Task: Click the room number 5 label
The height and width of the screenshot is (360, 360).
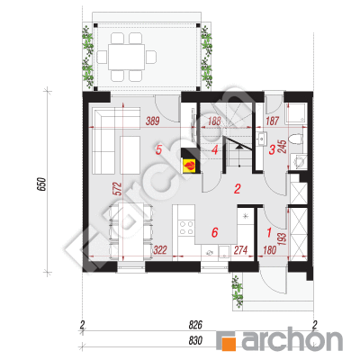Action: click(x=158, y=149)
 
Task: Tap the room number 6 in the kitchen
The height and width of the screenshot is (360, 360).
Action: click(x=214, y=232)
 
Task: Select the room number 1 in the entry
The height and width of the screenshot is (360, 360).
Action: click(x=269, y=232)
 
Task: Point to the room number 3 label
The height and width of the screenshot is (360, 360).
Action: click(x=272, y=149)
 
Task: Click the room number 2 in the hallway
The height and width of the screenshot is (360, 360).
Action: click(x=238, y=189)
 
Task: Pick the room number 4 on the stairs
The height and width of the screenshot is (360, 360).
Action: click(x=214, y=149)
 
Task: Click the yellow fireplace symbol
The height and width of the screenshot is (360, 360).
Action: click(x=190, y=166)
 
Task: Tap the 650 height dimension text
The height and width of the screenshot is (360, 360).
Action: click(x=42, y=184)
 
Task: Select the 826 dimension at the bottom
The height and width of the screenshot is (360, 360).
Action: click(x=195, y=324)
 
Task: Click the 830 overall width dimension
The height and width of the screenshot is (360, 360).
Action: click(x=195, y=341)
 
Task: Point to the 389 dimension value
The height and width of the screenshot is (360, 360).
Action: click(x=152, y=121)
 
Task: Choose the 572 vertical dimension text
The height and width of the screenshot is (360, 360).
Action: click(x=118, y=189)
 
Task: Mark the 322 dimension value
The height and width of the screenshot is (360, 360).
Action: click(x=160, y=250)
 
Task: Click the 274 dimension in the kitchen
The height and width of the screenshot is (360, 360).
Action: click(x=240, y=250)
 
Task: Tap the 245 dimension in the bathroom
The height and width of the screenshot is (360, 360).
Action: click(x=283, y=147)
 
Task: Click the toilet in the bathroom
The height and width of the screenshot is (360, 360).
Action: click(x=297, y=139)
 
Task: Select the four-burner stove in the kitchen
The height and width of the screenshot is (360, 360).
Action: click(x=186, y=228)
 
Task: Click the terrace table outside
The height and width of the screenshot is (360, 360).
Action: click(x=127, y=57)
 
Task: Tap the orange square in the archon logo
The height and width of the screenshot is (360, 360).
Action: click(x=229, y=342)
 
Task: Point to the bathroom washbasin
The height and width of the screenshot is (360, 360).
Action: click(x=262, y=139)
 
